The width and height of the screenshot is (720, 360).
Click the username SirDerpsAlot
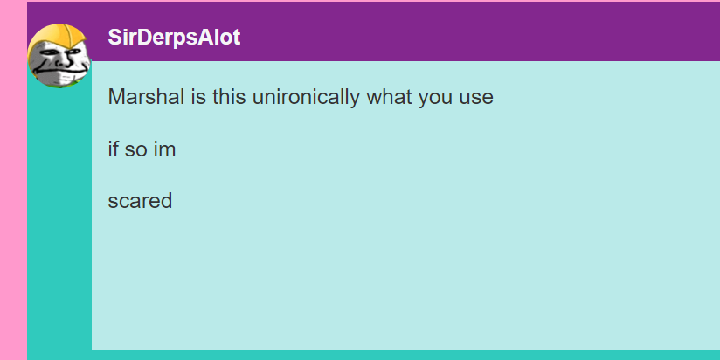click(x=174, y=38)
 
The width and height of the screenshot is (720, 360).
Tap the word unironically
click(x=306, y=97)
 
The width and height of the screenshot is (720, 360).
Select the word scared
click(x=140, y=201)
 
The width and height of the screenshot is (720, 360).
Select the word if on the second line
click(x=113, y=149)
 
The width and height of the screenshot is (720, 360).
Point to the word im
click(x=164, y=149)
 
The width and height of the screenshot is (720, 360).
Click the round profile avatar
click(x=59, y=56)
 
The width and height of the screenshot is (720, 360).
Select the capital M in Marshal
click(x=115, y=96)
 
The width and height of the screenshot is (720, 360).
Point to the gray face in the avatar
click(x=58, y=65)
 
